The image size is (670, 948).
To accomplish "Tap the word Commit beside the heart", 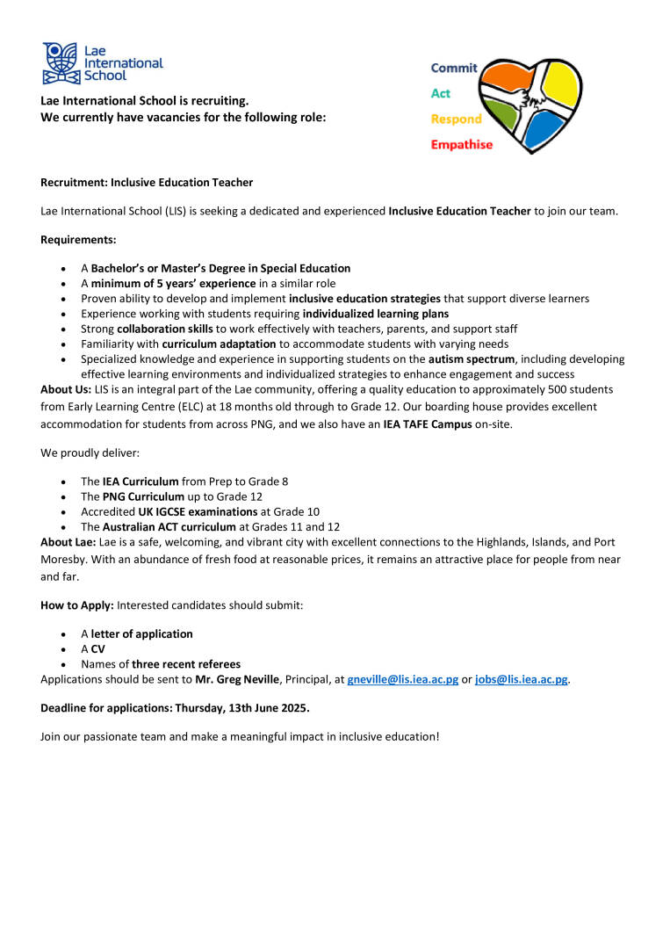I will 454,68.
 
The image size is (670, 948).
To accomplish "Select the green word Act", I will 440,93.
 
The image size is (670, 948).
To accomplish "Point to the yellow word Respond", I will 456,119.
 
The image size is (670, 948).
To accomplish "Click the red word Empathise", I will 461,145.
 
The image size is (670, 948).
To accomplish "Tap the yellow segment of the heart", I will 559,82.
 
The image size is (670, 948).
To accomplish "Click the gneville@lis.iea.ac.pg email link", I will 403,680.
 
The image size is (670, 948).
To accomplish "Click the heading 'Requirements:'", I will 78,239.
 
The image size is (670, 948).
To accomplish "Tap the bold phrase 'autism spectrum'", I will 471,359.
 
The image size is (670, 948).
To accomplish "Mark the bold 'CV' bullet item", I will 97,648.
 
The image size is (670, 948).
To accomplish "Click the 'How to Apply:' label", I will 77,605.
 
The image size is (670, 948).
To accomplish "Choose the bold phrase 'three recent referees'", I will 186,664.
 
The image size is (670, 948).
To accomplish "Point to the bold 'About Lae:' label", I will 66,542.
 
